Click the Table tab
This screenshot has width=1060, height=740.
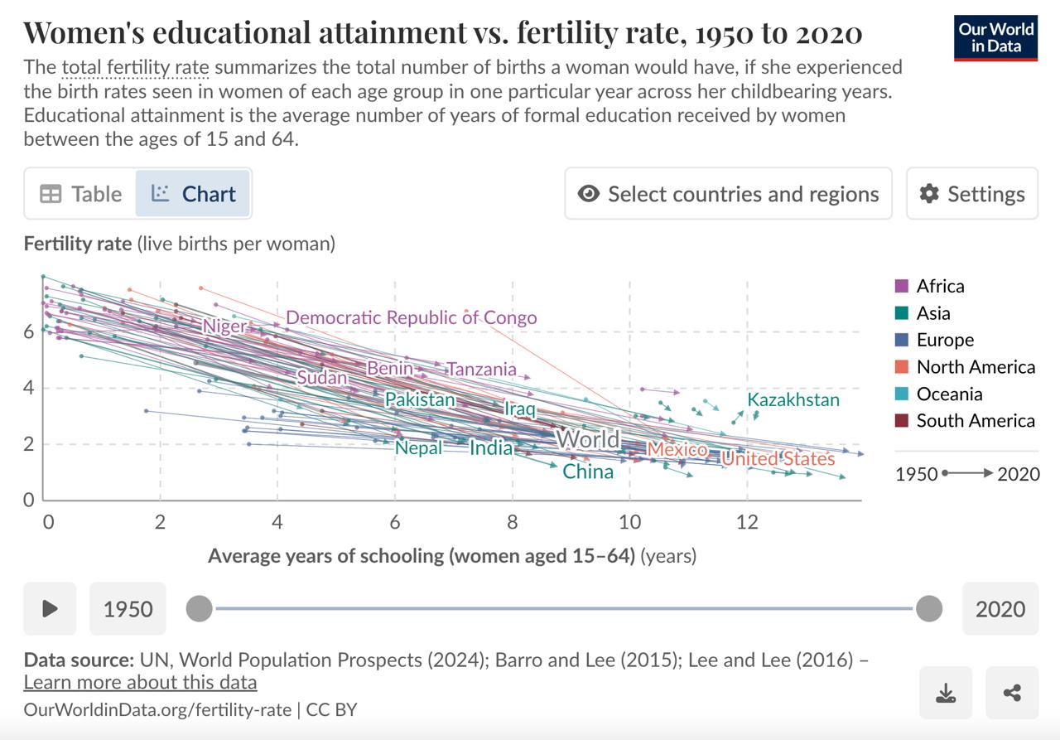click(81, 194)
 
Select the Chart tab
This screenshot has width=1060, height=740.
click(193, 194)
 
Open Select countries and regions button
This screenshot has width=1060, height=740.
click(728, 194)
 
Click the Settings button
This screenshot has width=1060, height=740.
click(971, 194)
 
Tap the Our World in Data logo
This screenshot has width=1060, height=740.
click(995, 37)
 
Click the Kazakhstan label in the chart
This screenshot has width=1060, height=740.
click(793, 400)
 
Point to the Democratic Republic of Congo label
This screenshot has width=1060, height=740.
click(411, 317)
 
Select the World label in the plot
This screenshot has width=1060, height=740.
click(588, 439)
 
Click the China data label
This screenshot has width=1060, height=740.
click(588, 472)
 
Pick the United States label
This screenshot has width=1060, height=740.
click(778, 458)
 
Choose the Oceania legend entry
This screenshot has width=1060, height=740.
click(949, 394)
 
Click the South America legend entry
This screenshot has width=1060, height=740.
click(975, 421)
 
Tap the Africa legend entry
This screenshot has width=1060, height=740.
click(940, 286)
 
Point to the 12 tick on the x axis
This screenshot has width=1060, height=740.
click(747, 522)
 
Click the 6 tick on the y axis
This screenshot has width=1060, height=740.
click(28, 331)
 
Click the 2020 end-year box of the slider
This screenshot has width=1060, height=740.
click(1000, 609)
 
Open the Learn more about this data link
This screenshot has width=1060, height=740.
click(140, 682)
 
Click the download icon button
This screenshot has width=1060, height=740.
click(945, 693)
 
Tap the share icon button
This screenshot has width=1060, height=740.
click(1011, 693)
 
